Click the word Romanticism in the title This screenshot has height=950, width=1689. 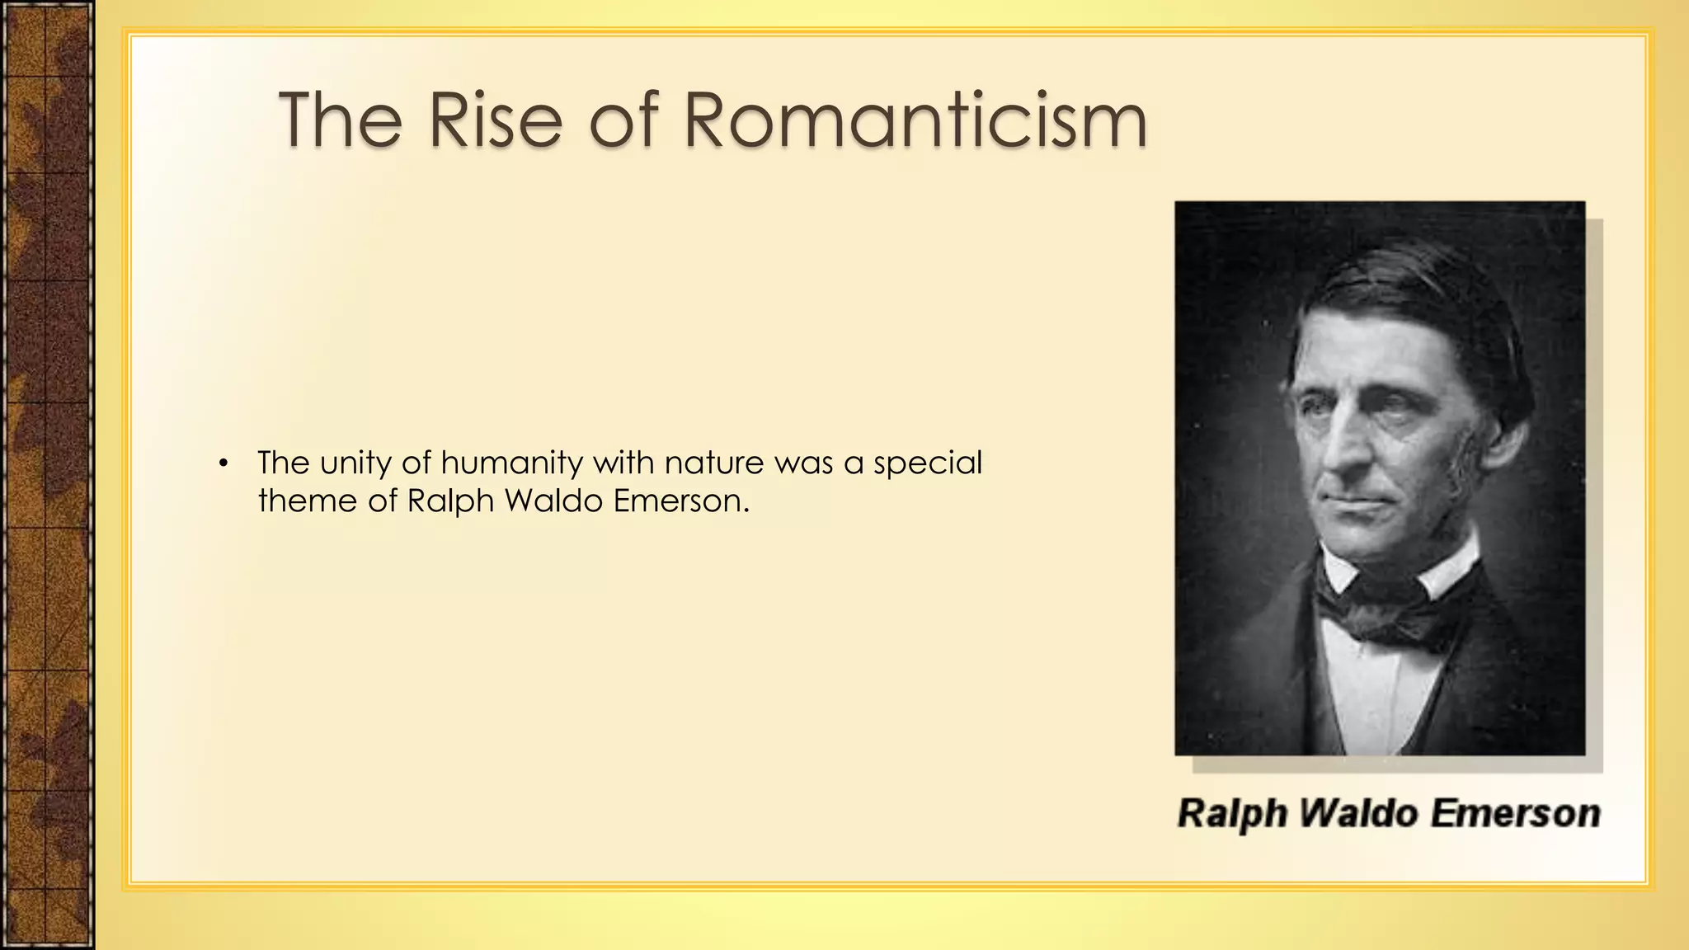pyautogui.click(x=915, y=120)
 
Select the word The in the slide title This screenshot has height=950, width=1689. pyautogui.click(x=341, y=120)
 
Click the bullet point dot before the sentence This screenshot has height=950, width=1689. pyautogui.click(x=222, y=463)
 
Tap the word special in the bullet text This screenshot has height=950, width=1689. pyautogui.click(x=928, y=464)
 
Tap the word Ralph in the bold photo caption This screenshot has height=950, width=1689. pyautogui.click(x=1232, y=814)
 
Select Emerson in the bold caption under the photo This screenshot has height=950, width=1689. pyautogui.click(x=1515, y=814)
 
